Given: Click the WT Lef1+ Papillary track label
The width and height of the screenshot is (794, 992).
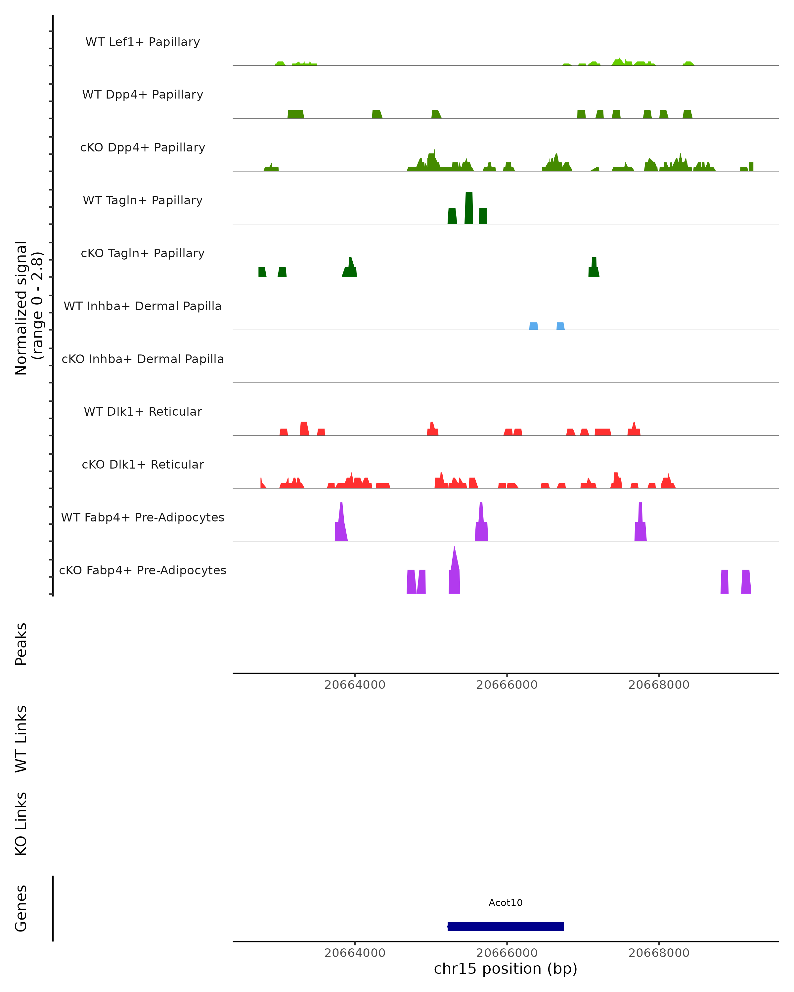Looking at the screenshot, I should click(x=143, y=42).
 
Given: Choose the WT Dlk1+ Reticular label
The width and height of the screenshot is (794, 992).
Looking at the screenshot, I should click(x=143, y=411).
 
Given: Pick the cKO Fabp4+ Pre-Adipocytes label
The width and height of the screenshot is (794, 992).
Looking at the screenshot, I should click(x=143, y=570).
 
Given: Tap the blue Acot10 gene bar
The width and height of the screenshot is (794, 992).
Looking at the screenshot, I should click(x=506, y=926).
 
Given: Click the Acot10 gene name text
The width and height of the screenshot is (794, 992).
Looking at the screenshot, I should click(x=506, y=903).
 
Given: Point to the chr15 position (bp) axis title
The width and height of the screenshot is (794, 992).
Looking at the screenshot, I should click(x=506, y=969).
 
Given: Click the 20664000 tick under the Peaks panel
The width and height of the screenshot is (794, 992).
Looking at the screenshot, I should click(x=355, y=685).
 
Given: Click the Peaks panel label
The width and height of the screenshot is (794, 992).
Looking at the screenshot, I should click(x=21, y=644).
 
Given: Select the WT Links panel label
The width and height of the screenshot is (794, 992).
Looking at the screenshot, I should click(x=21, y=738).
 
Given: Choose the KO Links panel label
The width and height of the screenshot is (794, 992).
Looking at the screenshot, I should click(x=21, y=824).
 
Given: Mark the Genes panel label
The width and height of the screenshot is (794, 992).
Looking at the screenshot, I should click(x=21, y=908).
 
